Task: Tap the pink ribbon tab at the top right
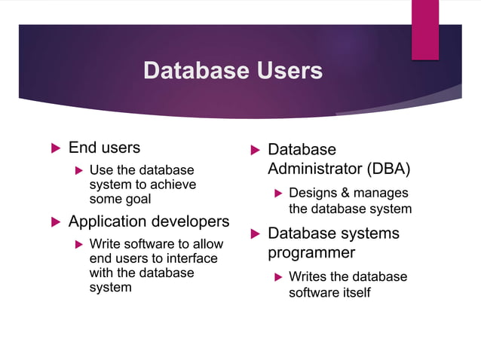point(424,29)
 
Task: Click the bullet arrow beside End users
point(54,148)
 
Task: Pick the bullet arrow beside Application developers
point(54,222)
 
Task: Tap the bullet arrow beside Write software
point(79,245)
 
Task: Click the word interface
point(191,258)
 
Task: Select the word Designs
point(314,194)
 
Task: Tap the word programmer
point(311,252)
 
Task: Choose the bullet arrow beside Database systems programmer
point(254,234)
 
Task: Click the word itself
point(353,292)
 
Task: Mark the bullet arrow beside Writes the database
point(278,277)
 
